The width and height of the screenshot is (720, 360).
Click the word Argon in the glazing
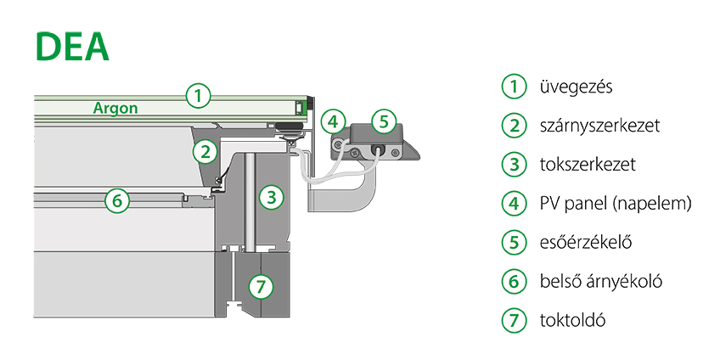click(x=115, y=109)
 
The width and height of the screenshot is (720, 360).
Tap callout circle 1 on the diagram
click(x=197, y=94)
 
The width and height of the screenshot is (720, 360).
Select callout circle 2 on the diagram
click(x=204, y=152)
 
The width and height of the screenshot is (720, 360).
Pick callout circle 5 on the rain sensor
click(x=383, y=121)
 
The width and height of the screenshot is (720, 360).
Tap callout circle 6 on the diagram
click(x=117, y=201)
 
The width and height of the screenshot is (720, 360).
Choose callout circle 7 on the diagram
click(x=263, y=287)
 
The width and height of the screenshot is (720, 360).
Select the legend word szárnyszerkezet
click(x=599, y=126)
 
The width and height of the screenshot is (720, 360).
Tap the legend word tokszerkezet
click(x=587, y=165)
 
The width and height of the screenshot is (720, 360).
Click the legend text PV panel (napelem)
click(x=616, y=204)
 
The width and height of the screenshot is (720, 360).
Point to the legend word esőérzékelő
click(x=586, y=243)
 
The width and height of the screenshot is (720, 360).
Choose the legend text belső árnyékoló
click(x=600, y=282)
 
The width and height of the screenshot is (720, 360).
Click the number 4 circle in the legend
click(x=513, y=204)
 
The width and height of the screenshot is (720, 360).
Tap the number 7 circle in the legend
click(x=513, y=321)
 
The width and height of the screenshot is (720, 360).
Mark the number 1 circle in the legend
click(x=513, y=87)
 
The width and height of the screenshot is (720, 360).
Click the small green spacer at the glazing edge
click(x=299, y=108)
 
